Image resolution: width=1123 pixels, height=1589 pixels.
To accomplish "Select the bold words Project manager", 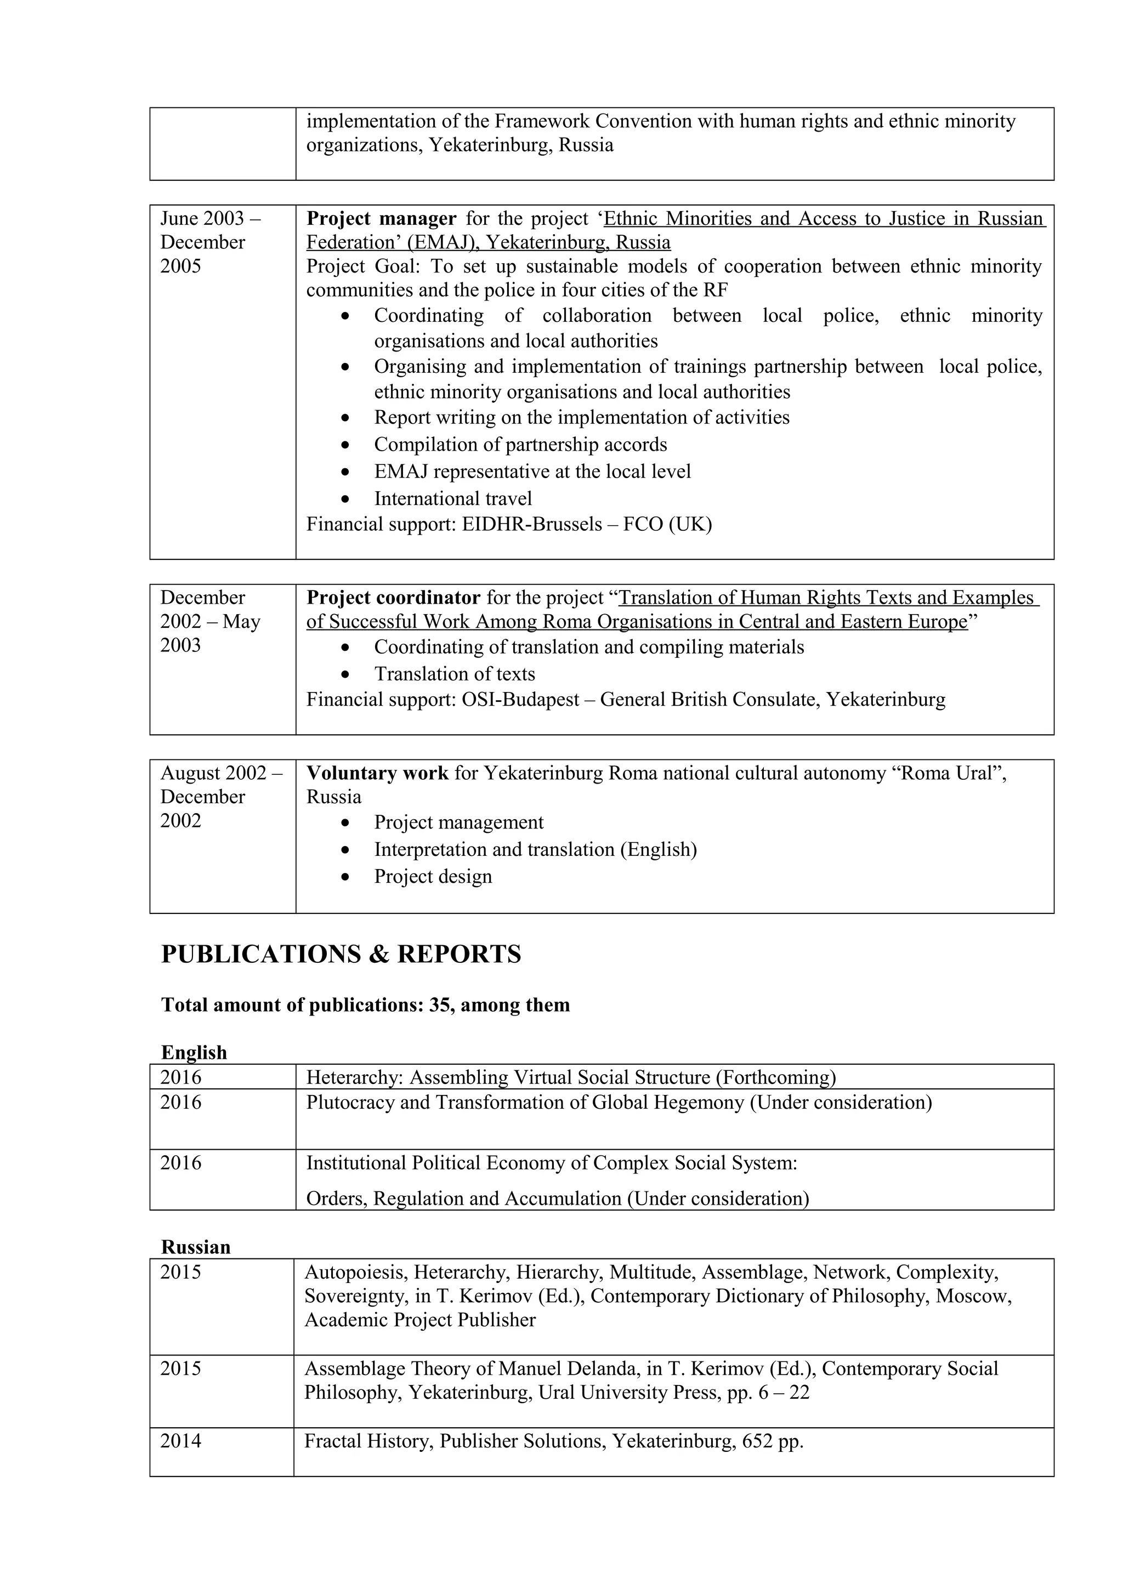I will pyautogui.click(x=381, y=219).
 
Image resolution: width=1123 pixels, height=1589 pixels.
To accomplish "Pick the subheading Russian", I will pyautogui.click(x=195, y=1246).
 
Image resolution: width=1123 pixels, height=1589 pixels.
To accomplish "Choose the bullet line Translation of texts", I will pyautogui.click(x=454, y=673).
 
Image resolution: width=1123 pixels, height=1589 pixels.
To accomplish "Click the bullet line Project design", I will pyautogui.click(x=433, y=876).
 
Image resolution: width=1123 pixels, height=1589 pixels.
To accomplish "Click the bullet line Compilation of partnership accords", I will pyautogui.click(x=520, y=444).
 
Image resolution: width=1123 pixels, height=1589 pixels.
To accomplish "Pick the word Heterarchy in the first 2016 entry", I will pyautogui.click(x=354, y=1077).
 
